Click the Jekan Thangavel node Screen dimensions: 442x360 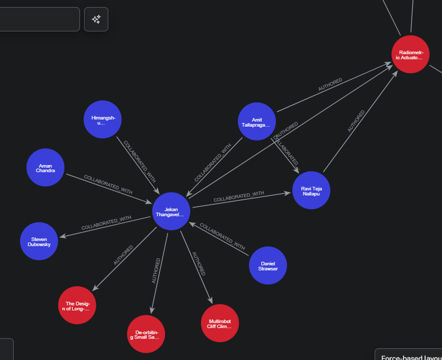pos(171,211)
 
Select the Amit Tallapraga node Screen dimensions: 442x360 pos(257,122)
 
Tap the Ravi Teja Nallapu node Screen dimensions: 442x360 pos(311,190)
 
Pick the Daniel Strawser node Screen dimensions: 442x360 pos(268,265)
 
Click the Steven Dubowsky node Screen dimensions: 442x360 pos(39,241)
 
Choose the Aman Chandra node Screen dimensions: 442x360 pos(46,168)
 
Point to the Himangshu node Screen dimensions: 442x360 pos(103,119)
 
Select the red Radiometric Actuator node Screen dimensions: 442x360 pos(411,54)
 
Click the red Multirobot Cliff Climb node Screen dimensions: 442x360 pos(220,323)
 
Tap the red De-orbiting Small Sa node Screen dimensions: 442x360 pos(146,334)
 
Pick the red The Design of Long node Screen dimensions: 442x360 pos(77,305)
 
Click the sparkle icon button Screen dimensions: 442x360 pos(96,19)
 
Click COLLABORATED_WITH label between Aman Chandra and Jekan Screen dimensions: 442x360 pos(108,184)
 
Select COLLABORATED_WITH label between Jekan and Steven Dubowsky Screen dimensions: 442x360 pos(106,223)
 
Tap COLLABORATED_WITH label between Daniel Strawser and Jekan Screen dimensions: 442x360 pos(222,236)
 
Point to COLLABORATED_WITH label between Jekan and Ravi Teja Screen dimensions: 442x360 pos(239,196)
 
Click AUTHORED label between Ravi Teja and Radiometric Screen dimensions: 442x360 pos(356,122)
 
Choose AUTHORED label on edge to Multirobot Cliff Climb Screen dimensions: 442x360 pos(199,263)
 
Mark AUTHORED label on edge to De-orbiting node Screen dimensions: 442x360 pos(156,270)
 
